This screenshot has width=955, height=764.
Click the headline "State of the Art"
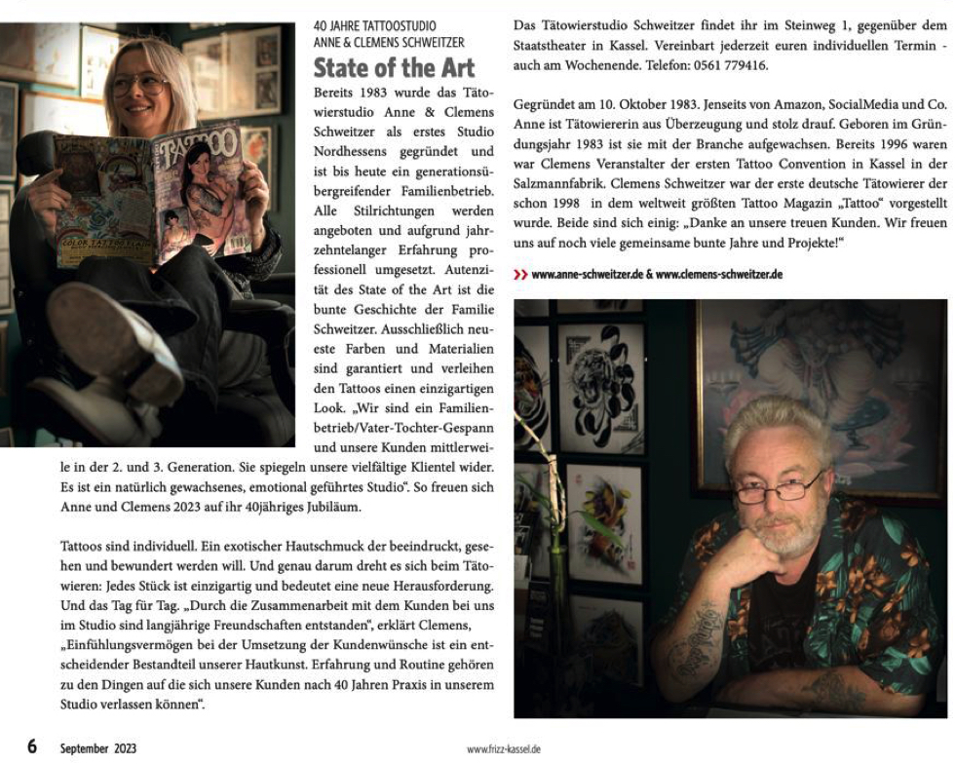[394, 68]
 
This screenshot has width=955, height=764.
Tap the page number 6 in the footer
[32, 746]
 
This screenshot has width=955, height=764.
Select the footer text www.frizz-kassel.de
[503, 749]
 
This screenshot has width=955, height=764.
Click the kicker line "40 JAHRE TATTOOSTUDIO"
[375, 25]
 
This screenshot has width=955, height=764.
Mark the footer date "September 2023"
[98, 748]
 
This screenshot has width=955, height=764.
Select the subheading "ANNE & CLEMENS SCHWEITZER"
[389, 42]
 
